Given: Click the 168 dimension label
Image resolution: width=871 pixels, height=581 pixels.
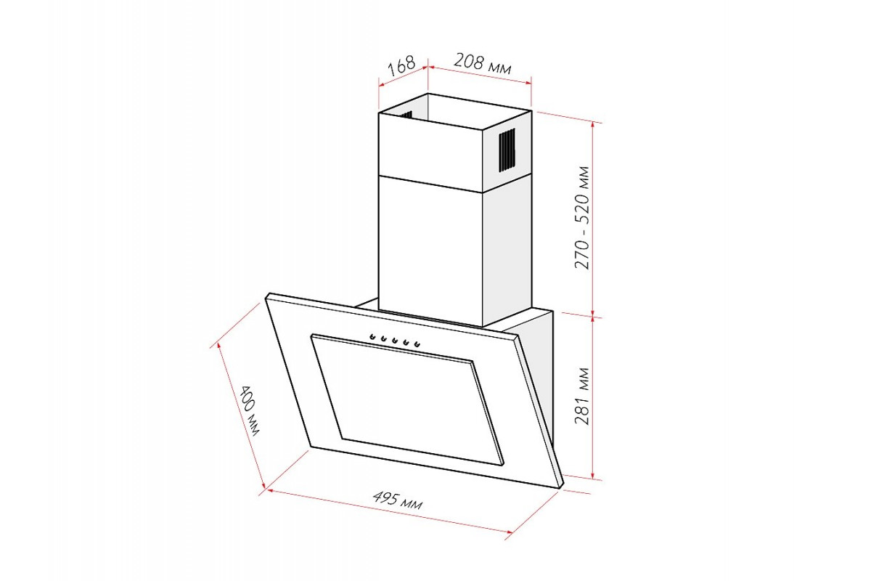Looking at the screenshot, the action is pos(401,66).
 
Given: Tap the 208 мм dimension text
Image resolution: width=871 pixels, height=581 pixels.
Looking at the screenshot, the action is pos(482,63).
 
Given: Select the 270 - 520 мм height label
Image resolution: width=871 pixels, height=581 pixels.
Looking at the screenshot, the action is pos(582,218).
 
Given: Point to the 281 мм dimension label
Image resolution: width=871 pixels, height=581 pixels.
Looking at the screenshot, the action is pos(582,396).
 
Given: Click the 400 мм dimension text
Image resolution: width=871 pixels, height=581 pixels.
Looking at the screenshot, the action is pos(248,410).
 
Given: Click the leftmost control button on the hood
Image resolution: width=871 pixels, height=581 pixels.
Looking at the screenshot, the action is pos(372,336).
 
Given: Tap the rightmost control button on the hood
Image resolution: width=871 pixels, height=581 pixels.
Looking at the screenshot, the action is pos(417,344).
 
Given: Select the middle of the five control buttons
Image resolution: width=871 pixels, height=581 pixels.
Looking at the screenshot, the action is pos(395,341).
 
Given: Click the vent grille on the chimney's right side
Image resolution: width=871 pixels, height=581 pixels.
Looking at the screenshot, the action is pos(507,150).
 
